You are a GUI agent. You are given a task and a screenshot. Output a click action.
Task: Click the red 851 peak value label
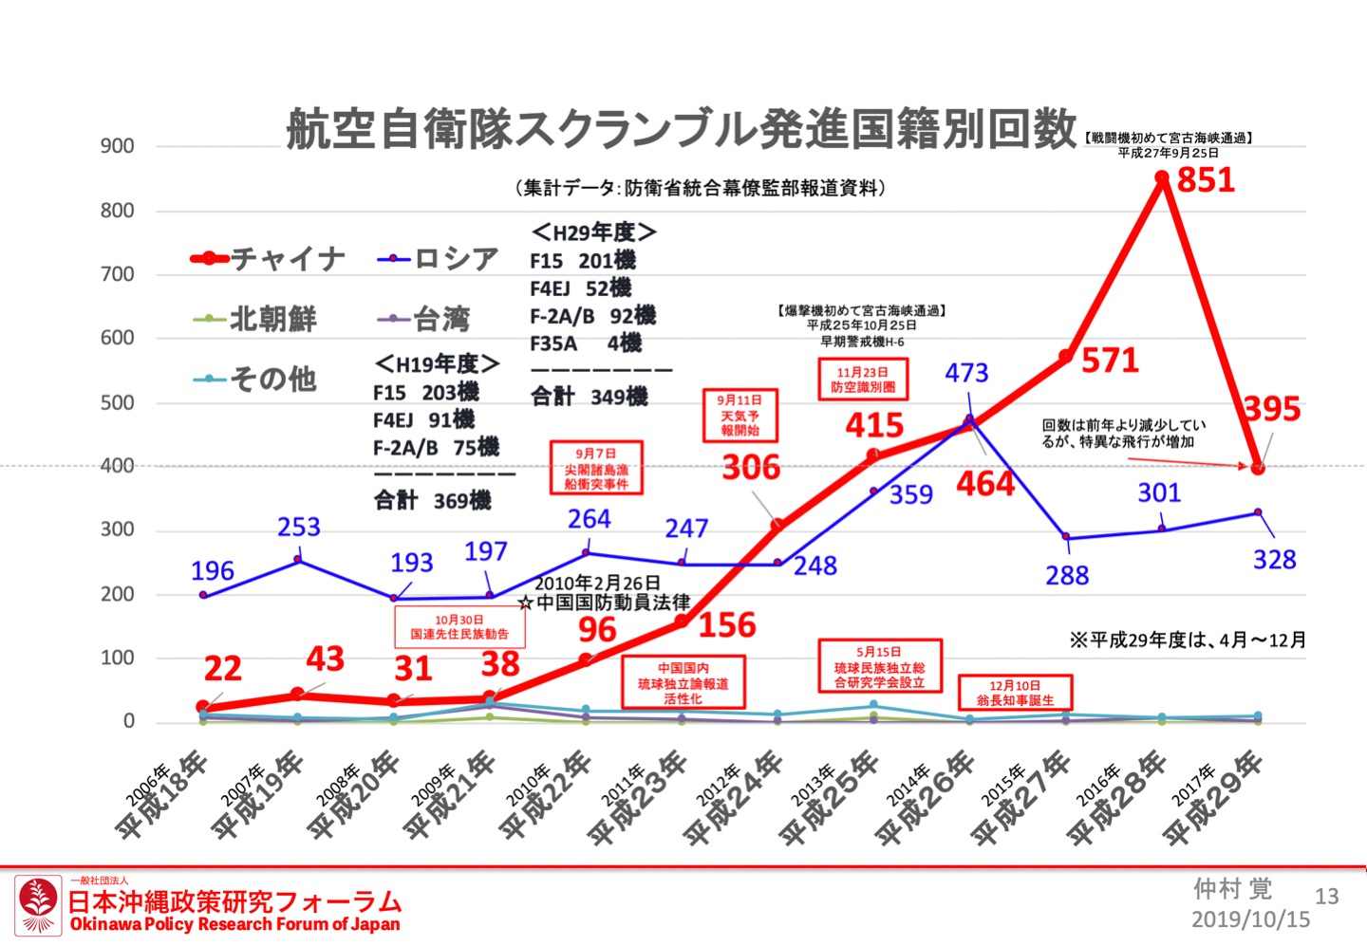coord(1206,179)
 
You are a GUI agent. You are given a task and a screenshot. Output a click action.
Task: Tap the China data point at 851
coord(1162,177)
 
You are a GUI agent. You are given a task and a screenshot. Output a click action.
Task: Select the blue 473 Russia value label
coord(966,373)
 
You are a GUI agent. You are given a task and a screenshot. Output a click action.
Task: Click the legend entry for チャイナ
coord(269,258)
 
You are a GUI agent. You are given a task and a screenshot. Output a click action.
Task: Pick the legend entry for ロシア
coord(439,258)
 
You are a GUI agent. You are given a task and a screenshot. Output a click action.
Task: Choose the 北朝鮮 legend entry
coord(255,319)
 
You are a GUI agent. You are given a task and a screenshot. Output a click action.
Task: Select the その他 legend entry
coord(255,379)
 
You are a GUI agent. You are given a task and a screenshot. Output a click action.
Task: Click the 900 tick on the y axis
coord(118,146)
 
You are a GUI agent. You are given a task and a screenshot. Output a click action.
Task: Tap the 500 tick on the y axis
coord(118,402)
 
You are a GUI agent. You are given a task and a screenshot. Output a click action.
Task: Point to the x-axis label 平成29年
coord(1214,797)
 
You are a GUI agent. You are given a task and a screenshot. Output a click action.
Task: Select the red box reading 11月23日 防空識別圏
coord(863,380)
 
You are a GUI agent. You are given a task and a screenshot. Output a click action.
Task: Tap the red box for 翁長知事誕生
coord(1015,693)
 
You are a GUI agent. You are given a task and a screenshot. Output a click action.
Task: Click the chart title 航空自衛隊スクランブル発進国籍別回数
coord(682,129)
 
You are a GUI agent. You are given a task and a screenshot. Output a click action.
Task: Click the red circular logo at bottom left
coord(38,905)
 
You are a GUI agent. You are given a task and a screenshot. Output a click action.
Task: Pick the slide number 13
coord(1326,896)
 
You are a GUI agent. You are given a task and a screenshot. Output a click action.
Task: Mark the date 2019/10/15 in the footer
coord(1250,918)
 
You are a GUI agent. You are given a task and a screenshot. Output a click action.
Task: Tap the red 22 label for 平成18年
coord(222,669)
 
